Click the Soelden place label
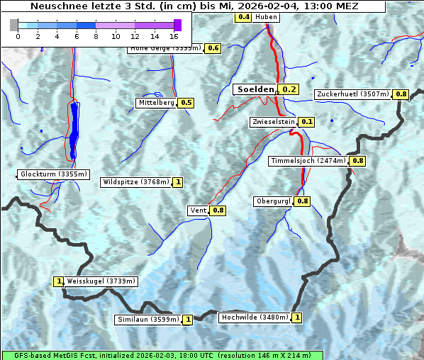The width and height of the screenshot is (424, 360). pyautogui.click(x=255, y=89)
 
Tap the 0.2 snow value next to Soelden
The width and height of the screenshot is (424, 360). pyautogui.click(x=289, y=89)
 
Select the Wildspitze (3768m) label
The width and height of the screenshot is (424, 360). pyautogui.click(x=137, y=182)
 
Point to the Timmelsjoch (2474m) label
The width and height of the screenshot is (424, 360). pyautogui.click(x=308, y=161)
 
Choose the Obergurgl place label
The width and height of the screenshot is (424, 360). pyautogui.click(x=273, y=201)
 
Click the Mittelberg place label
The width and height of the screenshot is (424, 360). pyautogui.click(x=156, y=103)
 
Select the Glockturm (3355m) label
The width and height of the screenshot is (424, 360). pyautogui.click(x=54, y=174)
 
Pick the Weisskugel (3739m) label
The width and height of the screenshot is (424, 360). pyautogui.click(x=101, y=281)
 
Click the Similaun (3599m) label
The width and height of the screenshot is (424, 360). pyautogui.click(x=148, y=320)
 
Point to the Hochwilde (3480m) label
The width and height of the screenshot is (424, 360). pyautogui.click(x=254, y=317)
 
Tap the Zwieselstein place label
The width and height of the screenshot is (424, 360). pyautogui.click(x=272, y=122)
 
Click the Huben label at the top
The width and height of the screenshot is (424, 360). pyautogui.click(x=267, y=17)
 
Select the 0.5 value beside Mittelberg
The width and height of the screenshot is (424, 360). pyautogui.click(x=186, y=103)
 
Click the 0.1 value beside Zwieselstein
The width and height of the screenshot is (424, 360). pyautogui.click(x=307, y=122)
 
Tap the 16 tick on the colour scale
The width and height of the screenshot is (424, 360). pyautogui.click(x=174, y=35)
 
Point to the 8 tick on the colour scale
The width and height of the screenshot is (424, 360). pyautogui.click(x=96, y=35)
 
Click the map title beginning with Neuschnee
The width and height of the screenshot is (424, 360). pyautogui.click(x=193, y=6)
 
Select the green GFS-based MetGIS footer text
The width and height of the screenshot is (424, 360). pyautogui.click(x=162, y=355)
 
